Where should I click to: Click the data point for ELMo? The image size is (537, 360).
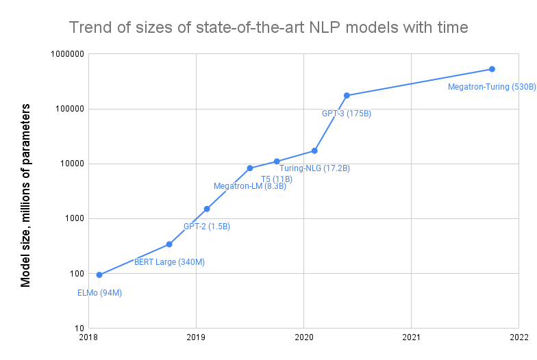point(99,275)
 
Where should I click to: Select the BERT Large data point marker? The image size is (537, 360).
point(169,244)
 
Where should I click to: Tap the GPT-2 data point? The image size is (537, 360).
point(207,209)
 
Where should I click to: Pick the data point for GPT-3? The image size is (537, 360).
point(347,95)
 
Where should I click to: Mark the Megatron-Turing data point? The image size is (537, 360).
point(492,69)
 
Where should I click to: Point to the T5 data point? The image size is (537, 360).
point(277,162)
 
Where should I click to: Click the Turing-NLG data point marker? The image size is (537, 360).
point(314,151)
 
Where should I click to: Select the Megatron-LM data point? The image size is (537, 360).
point(250,168)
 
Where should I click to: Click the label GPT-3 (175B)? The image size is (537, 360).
point(347,114)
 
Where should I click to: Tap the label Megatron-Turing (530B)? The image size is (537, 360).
point(492,87)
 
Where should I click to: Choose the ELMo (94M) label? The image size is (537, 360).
point(99,293)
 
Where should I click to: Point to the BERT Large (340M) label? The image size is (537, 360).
point(169,262)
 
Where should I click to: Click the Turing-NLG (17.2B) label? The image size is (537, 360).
point(314,168)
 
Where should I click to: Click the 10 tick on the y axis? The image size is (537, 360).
point(78,329)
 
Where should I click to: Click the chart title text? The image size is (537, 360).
point(268,28)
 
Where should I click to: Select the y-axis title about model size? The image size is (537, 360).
point(26,195)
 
